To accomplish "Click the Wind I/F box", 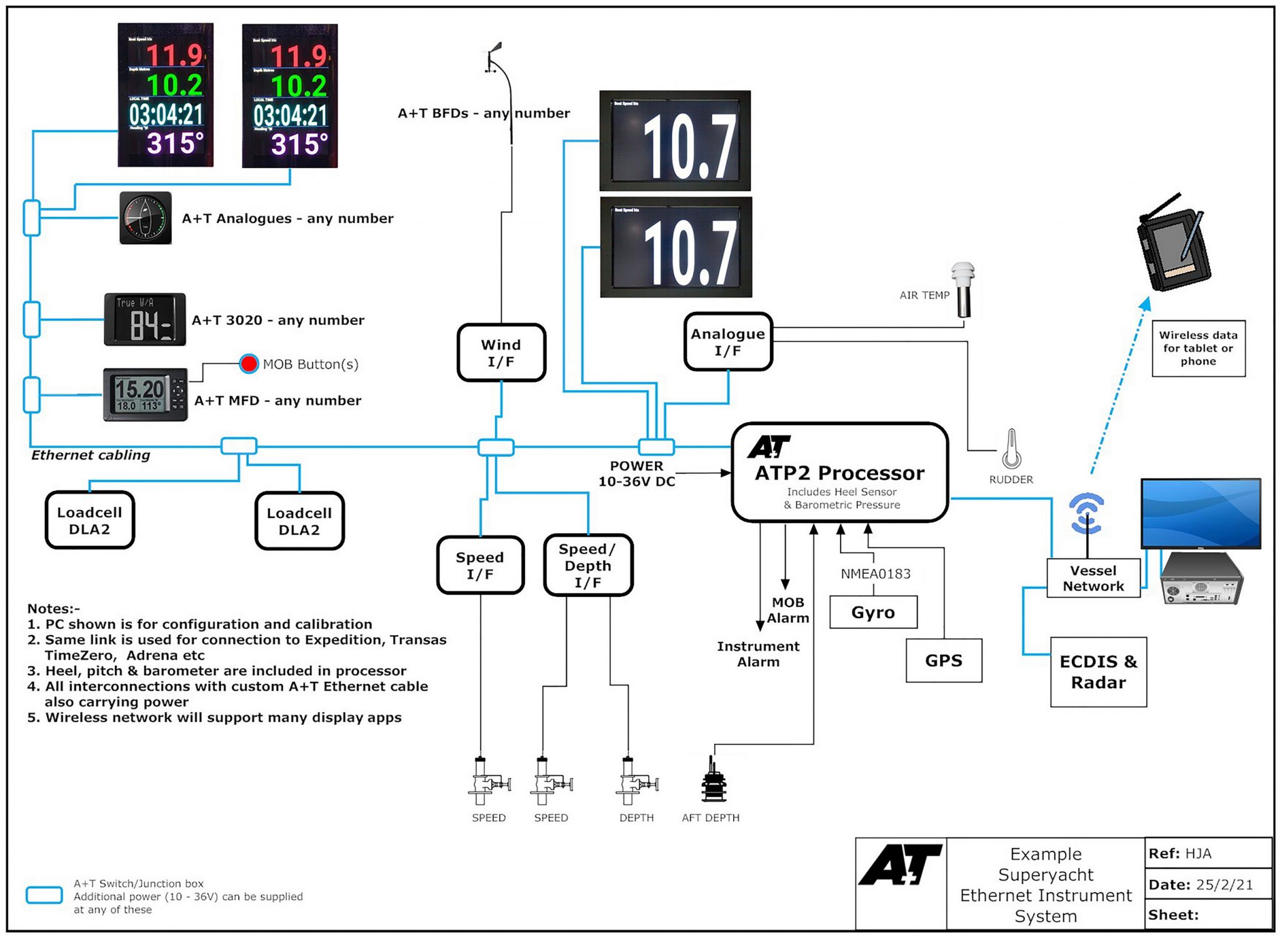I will coord(501,353).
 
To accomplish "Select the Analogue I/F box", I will coord(728,342).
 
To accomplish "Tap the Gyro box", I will coord(873,612).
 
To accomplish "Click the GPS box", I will coord(943,660).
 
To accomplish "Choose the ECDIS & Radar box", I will coord(1098,672).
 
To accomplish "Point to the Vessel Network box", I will coord(1093,578).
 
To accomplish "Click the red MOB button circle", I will coord(249,364).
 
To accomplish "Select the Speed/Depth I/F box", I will coord(587,566).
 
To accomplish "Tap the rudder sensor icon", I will coord(1011,450).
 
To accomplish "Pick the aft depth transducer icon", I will coord(712,781).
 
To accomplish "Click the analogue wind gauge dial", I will coord(146,218).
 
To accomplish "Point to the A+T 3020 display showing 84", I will coord(145,319).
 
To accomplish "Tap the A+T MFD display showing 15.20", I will coord(145,394).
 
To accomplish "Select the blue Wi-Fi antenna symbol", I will coord(1087,513).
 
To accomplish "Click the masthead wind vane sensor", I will coord(494,59).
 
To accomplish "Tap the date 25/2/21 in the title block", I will coord(1224,884).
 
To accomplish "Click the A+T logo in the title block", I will coord(901,865).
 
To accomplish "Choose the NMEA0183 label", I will coord(875,574).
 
